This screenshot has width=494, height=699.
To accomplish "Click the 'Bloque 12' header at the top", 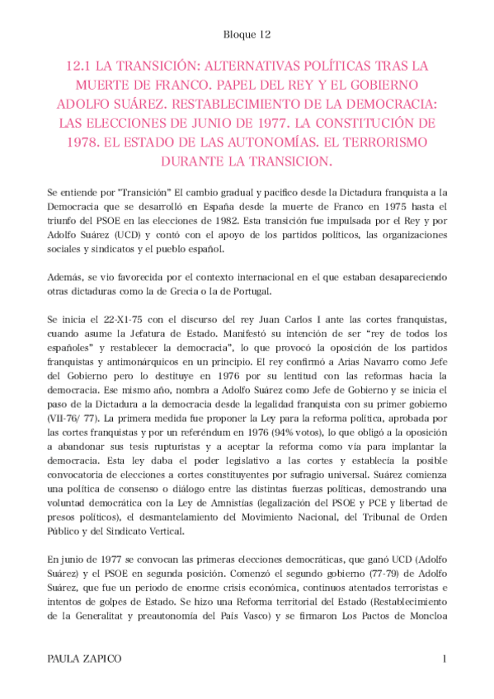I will tap(247, 35).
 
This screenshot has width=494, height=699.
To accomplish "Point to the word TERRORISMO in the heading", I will tap(396, 141).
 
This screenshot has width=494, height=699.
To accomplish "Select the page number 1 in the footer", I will tap(444, 659).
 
